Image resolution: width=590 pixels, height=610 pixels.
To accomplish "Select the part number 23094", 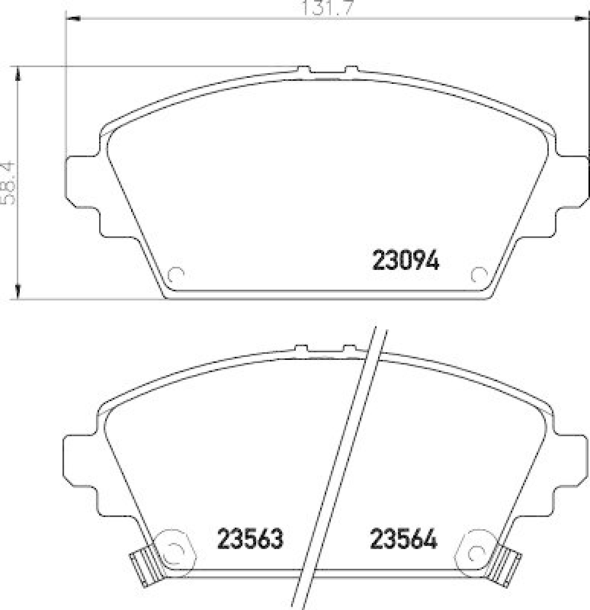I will point(406,262).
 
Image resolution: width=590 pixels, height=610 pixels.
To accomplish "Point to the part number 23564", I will point(403,540).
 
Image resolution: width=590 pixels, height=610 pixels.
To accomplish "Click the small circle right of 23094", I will point(479,275).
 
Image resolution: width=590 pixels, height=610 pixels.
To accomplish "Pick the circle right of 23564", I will point(477,551).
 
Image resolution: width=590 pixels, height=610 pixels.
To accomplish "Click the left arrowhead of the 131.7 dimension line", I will point(73,18).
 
